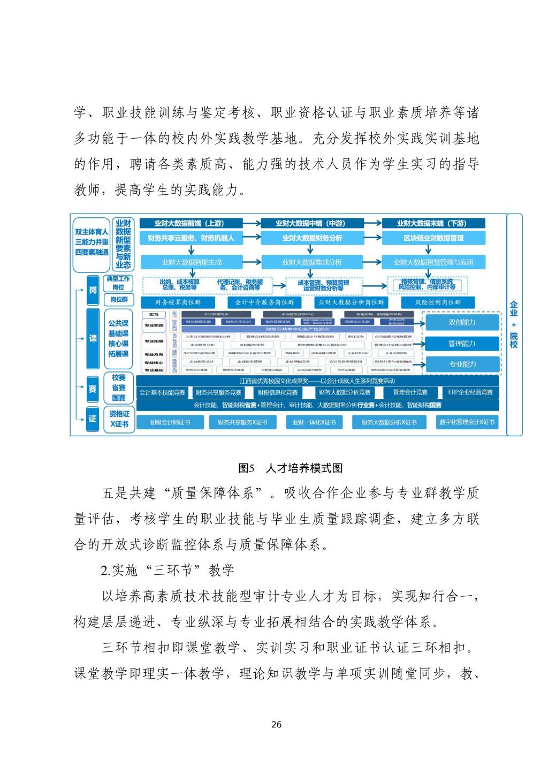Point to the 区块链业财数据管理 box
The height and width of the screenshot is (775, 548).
pos(433,238)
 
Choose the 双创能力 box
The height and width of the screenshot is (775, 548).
pos(462,322)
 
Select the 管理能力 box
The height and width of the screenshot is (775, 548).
pos(462,344)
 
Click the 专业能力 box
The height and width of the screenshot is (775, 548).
pos(462,364)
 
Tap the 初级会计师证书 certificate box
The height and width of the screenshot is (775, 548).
pos(170,422)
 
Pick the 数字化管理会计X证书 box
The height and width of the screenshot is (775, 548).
pos(467,422)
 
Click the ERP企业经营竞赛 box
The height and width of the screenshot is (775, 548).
pos(470,392)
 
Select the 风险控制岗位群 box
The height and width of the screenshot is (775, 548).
pos(437,302)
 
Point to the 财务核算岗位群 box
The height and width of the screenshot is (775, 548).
pos(178,302)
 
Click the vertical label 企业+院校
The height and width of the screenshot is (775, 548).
pos(514,324)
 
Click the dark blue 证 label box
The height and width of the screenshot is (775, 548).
pos(93,419)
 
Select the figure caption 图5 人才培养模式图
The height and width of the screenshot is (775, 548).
pos(290,468)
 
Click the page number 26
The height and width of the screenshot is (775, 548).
pos(276,725)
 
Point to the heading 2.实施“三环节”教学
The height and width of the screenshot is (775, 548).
pos(168,570)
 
